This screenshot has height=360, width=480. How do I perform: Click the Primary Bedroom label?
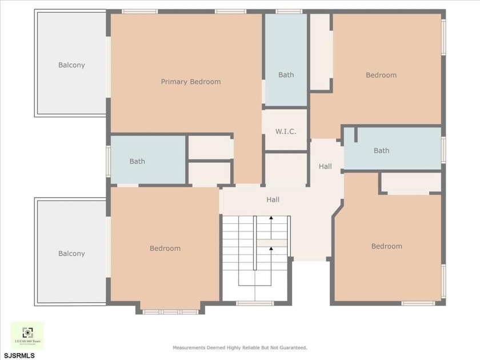190,82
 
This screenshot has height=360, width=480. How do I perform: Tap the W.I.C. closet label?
286,131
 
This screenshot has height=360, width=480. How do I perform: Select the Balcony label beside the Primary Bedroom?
71,65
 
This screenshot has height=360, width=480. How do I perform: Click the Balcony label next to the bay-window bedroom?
71,254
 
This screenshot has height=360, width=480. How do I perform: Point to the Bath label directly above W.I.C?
286,75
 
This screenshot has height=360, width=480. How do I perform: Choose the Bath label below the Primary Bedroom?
137,162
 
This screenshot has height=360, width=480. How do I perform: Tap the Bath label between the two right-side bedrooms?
381,151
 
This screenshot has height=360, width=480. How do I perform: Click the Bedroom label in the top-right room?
381,75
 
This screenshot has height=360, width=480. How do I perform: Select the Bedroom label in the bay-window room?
165,249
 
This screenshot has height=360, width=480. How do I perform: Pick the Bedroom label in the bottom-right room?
387,246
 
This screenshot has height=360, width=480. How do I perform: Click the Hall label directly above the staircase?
273,200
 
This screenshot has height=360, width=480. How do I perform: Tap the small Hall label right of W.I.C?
325,167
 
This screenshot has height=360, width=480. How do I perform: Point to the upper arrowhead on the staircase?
271,218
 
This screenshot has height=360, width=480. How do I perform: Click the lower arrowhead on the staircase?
271,248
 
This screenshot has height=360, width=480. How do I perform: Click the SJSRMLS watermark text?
19,355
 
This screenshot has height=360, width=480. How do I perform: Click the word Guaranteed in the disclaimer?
291,347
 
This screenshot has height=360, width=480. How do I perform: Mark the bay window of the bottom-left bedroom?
170,311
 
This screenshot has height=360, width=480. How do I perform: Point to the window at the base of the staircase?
255,303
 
